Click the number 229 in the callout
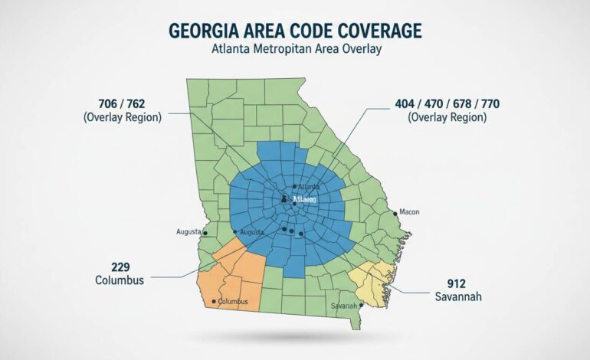[119, 267]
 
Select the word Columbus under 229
[119, 280]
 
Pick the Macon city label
[409, 212]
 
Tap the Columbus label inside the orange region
[233, 302]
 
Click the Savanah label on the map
[344, 306]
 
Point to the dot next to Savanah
[360, 306]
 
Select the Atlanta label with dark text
[307, 187]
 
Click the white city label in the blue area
[304, 199]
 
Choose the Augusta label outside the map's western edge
[188, 231]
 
